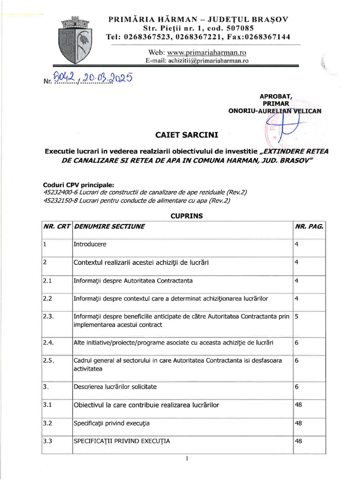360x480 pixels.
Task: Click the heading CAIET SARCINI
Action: pos(187,135)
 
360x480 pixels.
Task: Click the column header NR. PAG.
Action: pos(309,226)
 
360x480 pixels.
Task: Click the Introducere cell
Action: pos(90,245)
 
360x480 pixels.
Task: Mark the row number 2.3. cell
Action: pos(49,316)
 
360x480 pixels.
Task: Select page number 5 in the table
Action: pos(297,316)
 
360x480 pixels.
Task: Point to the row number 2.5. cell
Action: pos(49,360)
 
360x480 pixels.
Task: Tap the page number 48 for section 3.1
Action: pos(298,405)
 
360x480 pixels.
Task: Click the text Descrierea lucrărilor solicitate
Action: pos(115,387)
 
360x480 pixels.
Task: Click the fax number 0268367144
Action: pos(267,37)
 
